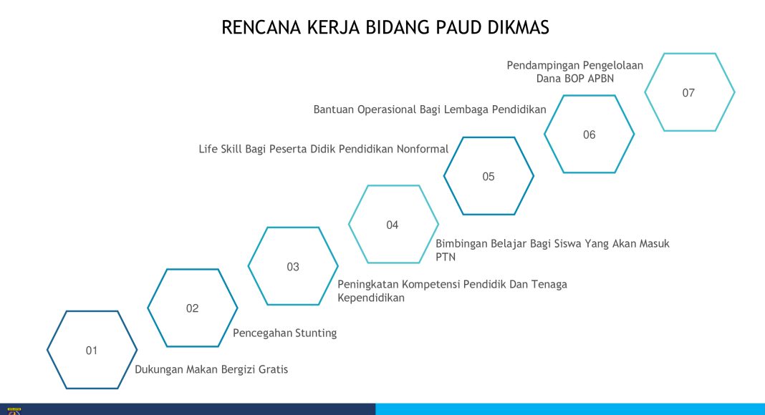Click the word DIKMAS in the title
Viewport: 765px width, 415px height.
pyautogui.click(x=518, y=28)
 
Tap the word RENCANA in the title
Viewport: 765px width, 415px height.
pyautogui.click(x=261, y=28)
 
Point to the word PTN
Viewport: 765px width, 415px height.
pyautogui.click(x=446, y=257)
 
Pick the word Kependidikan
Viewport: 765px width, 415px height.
pyautogui.click(x=371, y=298)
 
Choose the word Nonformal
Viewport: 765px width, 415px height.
pyautogui.click(x=423, y=149)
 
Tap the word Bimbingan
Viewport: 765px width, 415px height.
pyautogui.click(x=461, y=243)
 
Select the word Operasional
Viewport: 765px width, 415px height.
pyautogui.click(x=386, y=109)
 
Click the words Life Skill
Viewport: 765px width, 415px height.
pyautogui.click(x=220, y=149)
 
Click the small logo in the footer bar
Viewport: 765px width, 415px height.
pyautogui.click(x=14, y=411)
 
